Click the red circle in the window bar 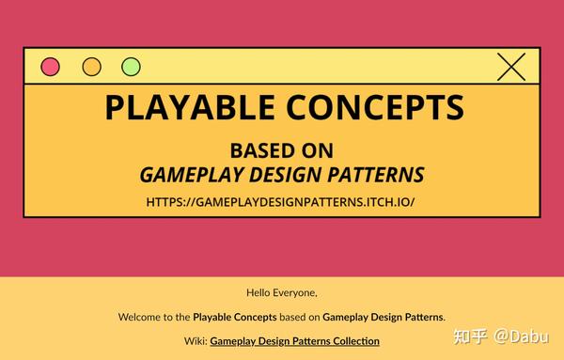pos(50,67)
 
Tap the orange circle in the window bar pos(91,67)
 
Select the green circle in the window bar pos(131,67)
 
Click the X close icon pos(511,66)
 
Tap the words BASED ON pos(282,150)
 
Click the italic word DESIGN pos(292,175)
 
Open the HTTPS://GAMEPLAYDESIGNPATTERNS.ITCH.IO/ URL pos(281,202)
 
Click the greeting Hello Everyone pos(282,292)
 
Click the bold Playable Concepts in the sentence pos(234,317)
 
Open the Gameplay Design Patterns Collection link pos(294,340)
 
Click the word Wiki pos(195,340)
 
